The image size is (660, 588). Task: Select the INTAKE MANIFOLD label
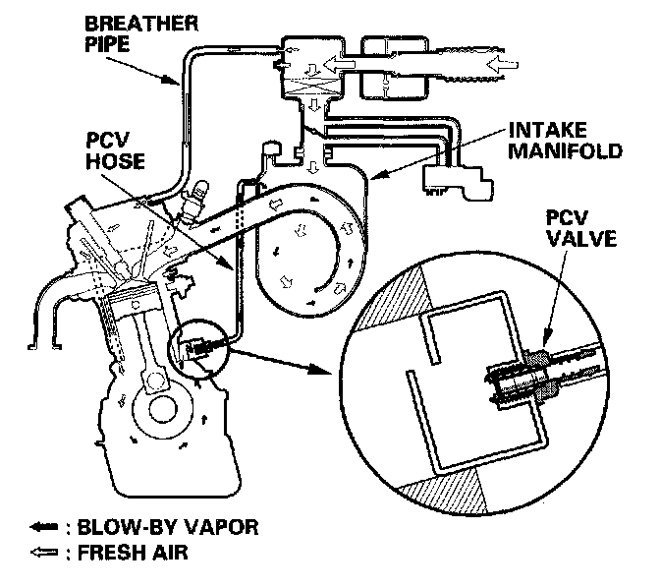(x=566, y=141)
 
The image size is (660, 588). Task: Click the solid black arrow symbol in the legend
(x=40, y=528)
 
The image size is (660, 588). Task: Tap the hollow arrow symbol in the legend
(x=40, y=553)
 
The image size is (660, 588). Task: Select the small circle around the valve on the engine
(x=197, y=345)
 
